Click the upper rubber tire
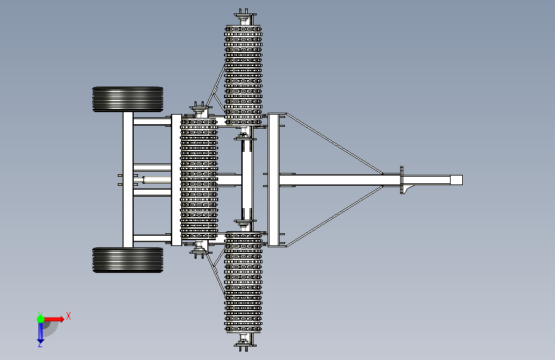click(128, 99)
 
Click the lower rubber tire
click(128, 259)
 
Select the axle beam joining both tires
click(128, 179)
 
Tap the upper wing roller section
click(243, 70)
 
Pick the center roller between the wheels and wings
click(199, 179)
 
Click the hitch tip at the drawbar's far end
click(456, 179)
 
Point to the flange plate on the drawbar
click(401, 179)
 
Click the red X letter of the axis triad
click(68, 316)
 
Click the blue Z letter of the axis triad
click(40, 345)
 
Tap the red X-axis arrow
click(56, 318)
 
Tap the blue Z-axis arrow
click(40, 332)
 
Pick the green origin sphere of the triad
click(40, 318)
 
